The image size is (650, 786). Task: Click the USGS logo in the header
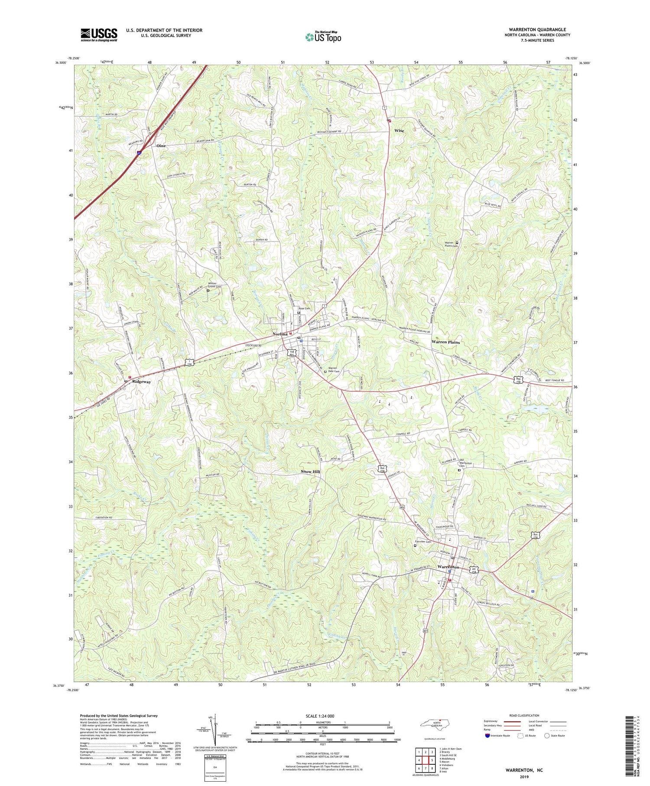coord(99,35)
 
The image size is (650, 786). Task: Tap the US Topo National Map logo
coord(323,37)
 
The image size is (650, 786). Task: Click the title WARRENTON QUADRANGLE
coord(538,29)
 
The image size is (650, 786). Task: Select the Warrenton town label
coord(448,567)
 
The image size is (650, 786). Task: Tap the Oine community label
coord(161,146)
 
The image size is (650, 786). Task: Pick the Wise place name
coord(399,130)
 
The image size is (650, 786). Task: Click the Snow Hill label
coord(310,471)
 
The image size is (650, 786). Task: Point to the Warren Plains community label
coord(445,342)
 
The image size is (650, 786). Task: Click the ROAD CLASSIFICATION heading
coord(524,715)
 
